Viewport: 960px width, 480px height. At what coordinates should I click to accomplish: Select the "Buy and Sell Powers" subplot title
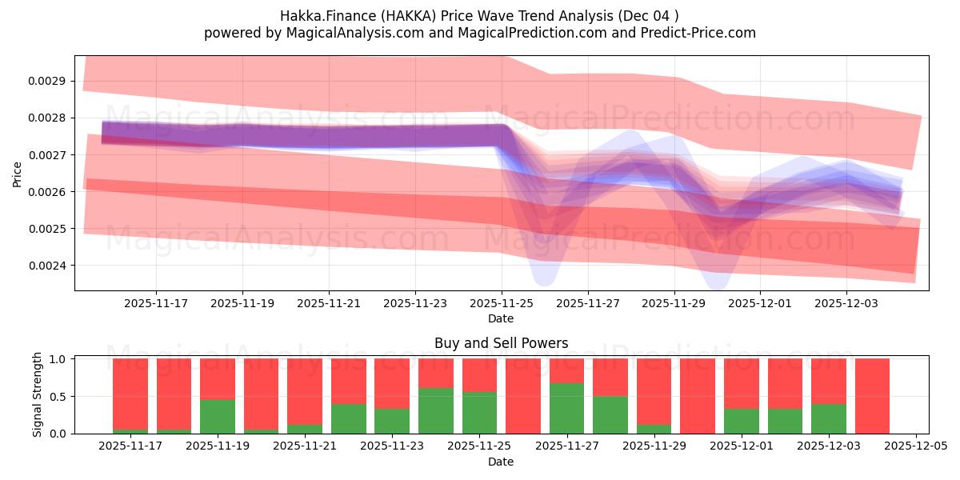click(x=501, y=343)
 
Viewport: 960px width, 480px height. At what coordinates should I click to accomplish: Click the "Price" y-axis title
click(x=18, y=173)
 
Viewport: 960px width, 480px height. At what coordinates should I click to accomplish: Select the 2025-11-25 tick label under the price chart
click(x=502, y=303)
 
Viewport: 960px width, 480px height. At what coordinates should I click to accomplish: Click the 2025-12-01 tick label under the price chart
click(x=761, y=303)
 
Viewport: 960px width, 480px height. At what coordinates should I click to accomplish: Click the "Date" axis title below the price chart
click(x=501, y=318)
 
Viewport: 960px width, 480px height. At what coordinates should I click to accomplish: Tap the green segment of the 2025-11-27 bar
click(x=566, y=408)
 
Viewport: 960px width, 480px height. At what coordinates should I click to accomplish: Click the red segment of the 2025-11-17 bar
click(x=130, y=392)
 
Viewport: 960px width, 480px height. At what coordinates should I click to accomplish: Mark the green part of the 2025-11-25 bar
click(x=479, y=413)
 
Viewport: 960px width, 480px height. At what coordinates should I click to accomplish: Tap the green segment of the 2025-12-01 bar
click(x=742, y=421)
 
